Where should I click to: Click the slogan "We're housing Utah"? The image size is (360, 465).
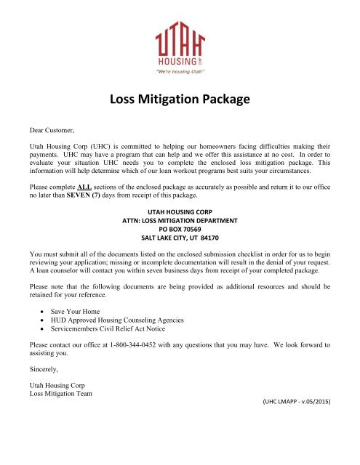coord(179,72)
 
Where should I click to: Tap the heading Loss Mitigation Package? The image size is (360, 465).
coord(180,100)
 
